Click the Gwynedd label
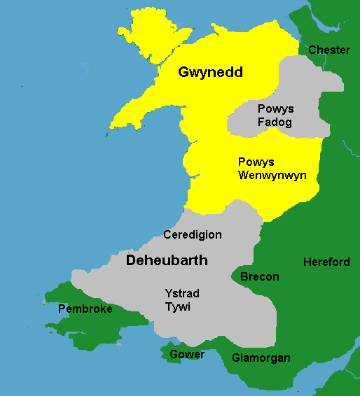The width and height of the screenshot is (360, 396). click(x=210, y=72)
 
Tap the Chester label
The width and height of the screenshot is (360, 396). click(x=328, y=50)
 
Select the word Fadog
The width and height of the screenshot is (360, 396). click(x=275, y=122)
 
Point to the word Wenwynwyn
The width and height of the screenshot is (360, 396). click(x=272, y=175)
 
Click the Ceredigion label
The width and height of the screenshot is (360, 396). click(x=192, y=235)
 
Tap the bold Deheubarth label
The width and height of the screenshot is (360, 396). click(x=167, y=260)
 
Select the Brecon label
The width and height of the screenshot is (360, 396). click(x=259, y=277)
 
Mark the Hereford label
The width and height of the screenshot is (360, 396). click(x=326, y=262)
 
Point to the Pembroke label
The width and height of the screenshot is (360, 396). click(x=85, y=309)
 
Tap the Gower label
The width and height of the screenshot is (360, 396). click(x=187, y=355)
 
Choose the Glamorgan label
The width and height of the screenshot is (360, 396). click(x=261, y=358)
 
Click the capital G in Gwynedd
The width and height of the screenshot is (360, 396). click(x=184, y=72)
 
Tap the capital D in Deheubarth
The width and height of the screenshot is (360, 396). click(x=131, y=260)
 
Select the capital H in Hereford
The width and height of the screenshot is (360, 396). click(x=307, y=262)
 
